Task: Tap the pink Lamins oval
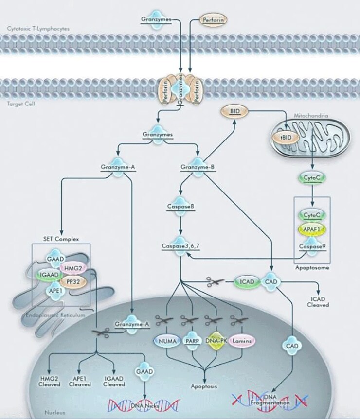click(x=242, y=341)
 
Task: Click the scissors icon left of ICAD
click(x=216, y=281)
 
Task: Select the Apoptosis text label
click(x=204, y=386)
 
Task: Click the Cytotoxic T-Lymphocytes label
click(x=38, y=29)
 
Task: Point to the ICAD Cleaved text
click(x=319, y=302)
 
